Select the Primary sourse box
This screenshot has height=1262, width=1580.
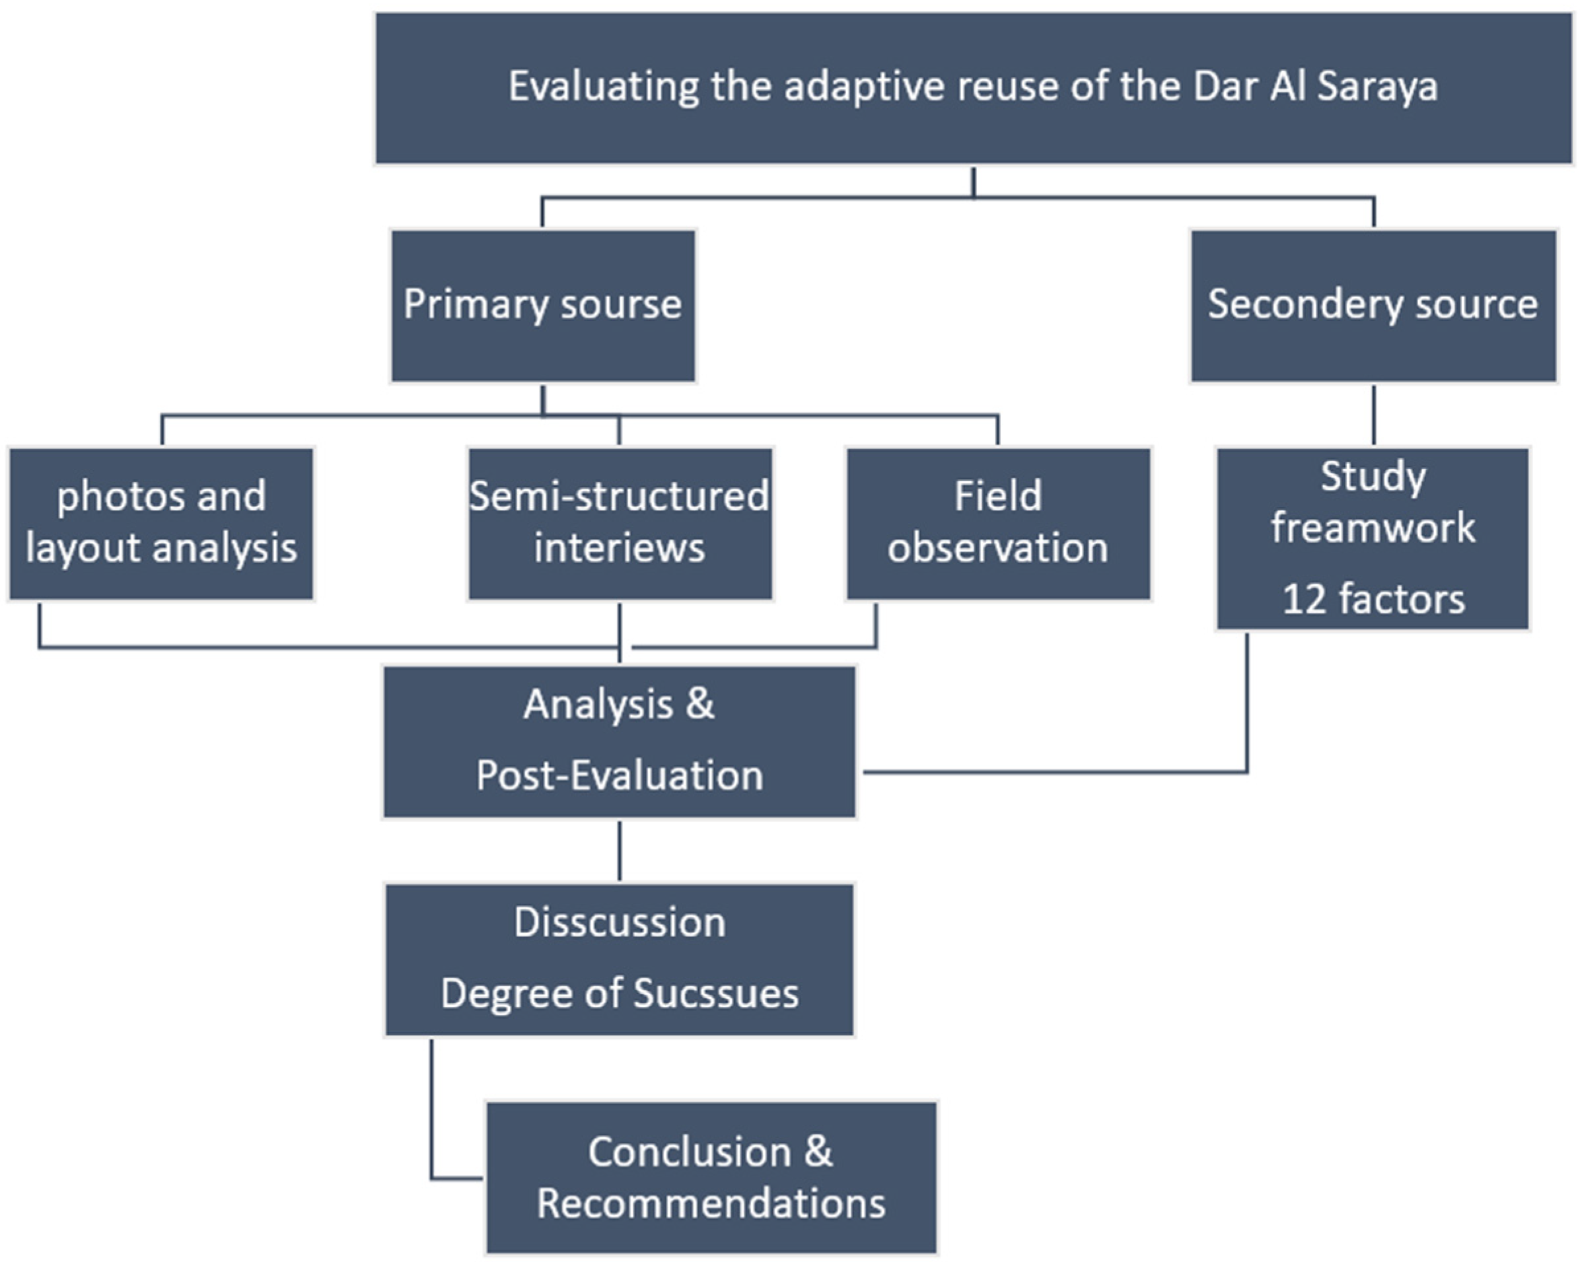542,305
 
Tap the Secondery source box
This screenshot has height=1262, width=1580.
1373,305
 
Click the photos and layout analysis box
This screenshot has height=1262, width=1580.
161,523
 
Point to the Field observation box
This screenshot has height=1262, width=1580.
998,523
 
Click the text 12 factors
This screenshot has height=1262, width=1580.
1373,599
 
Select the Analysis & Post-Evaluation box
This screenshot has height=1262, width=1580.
619,741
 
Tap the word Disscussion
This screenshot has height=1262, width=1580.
619,923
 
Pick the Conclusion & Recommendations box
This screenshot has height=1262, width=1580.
711,1178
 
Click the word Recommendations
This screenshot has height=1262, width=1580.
711,1204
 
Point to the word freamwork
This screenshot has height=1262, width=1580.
1373,528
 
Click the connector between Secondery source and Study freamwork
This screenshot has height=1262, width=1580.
1373,415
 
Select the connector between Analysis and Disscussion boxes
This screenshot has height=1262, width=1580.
620,850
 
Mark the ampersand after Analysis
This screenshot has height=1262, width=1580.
700,704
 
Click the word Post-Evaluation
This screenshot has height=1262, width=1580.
619,776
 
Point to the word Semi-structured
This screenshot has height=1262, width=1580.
619,497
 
